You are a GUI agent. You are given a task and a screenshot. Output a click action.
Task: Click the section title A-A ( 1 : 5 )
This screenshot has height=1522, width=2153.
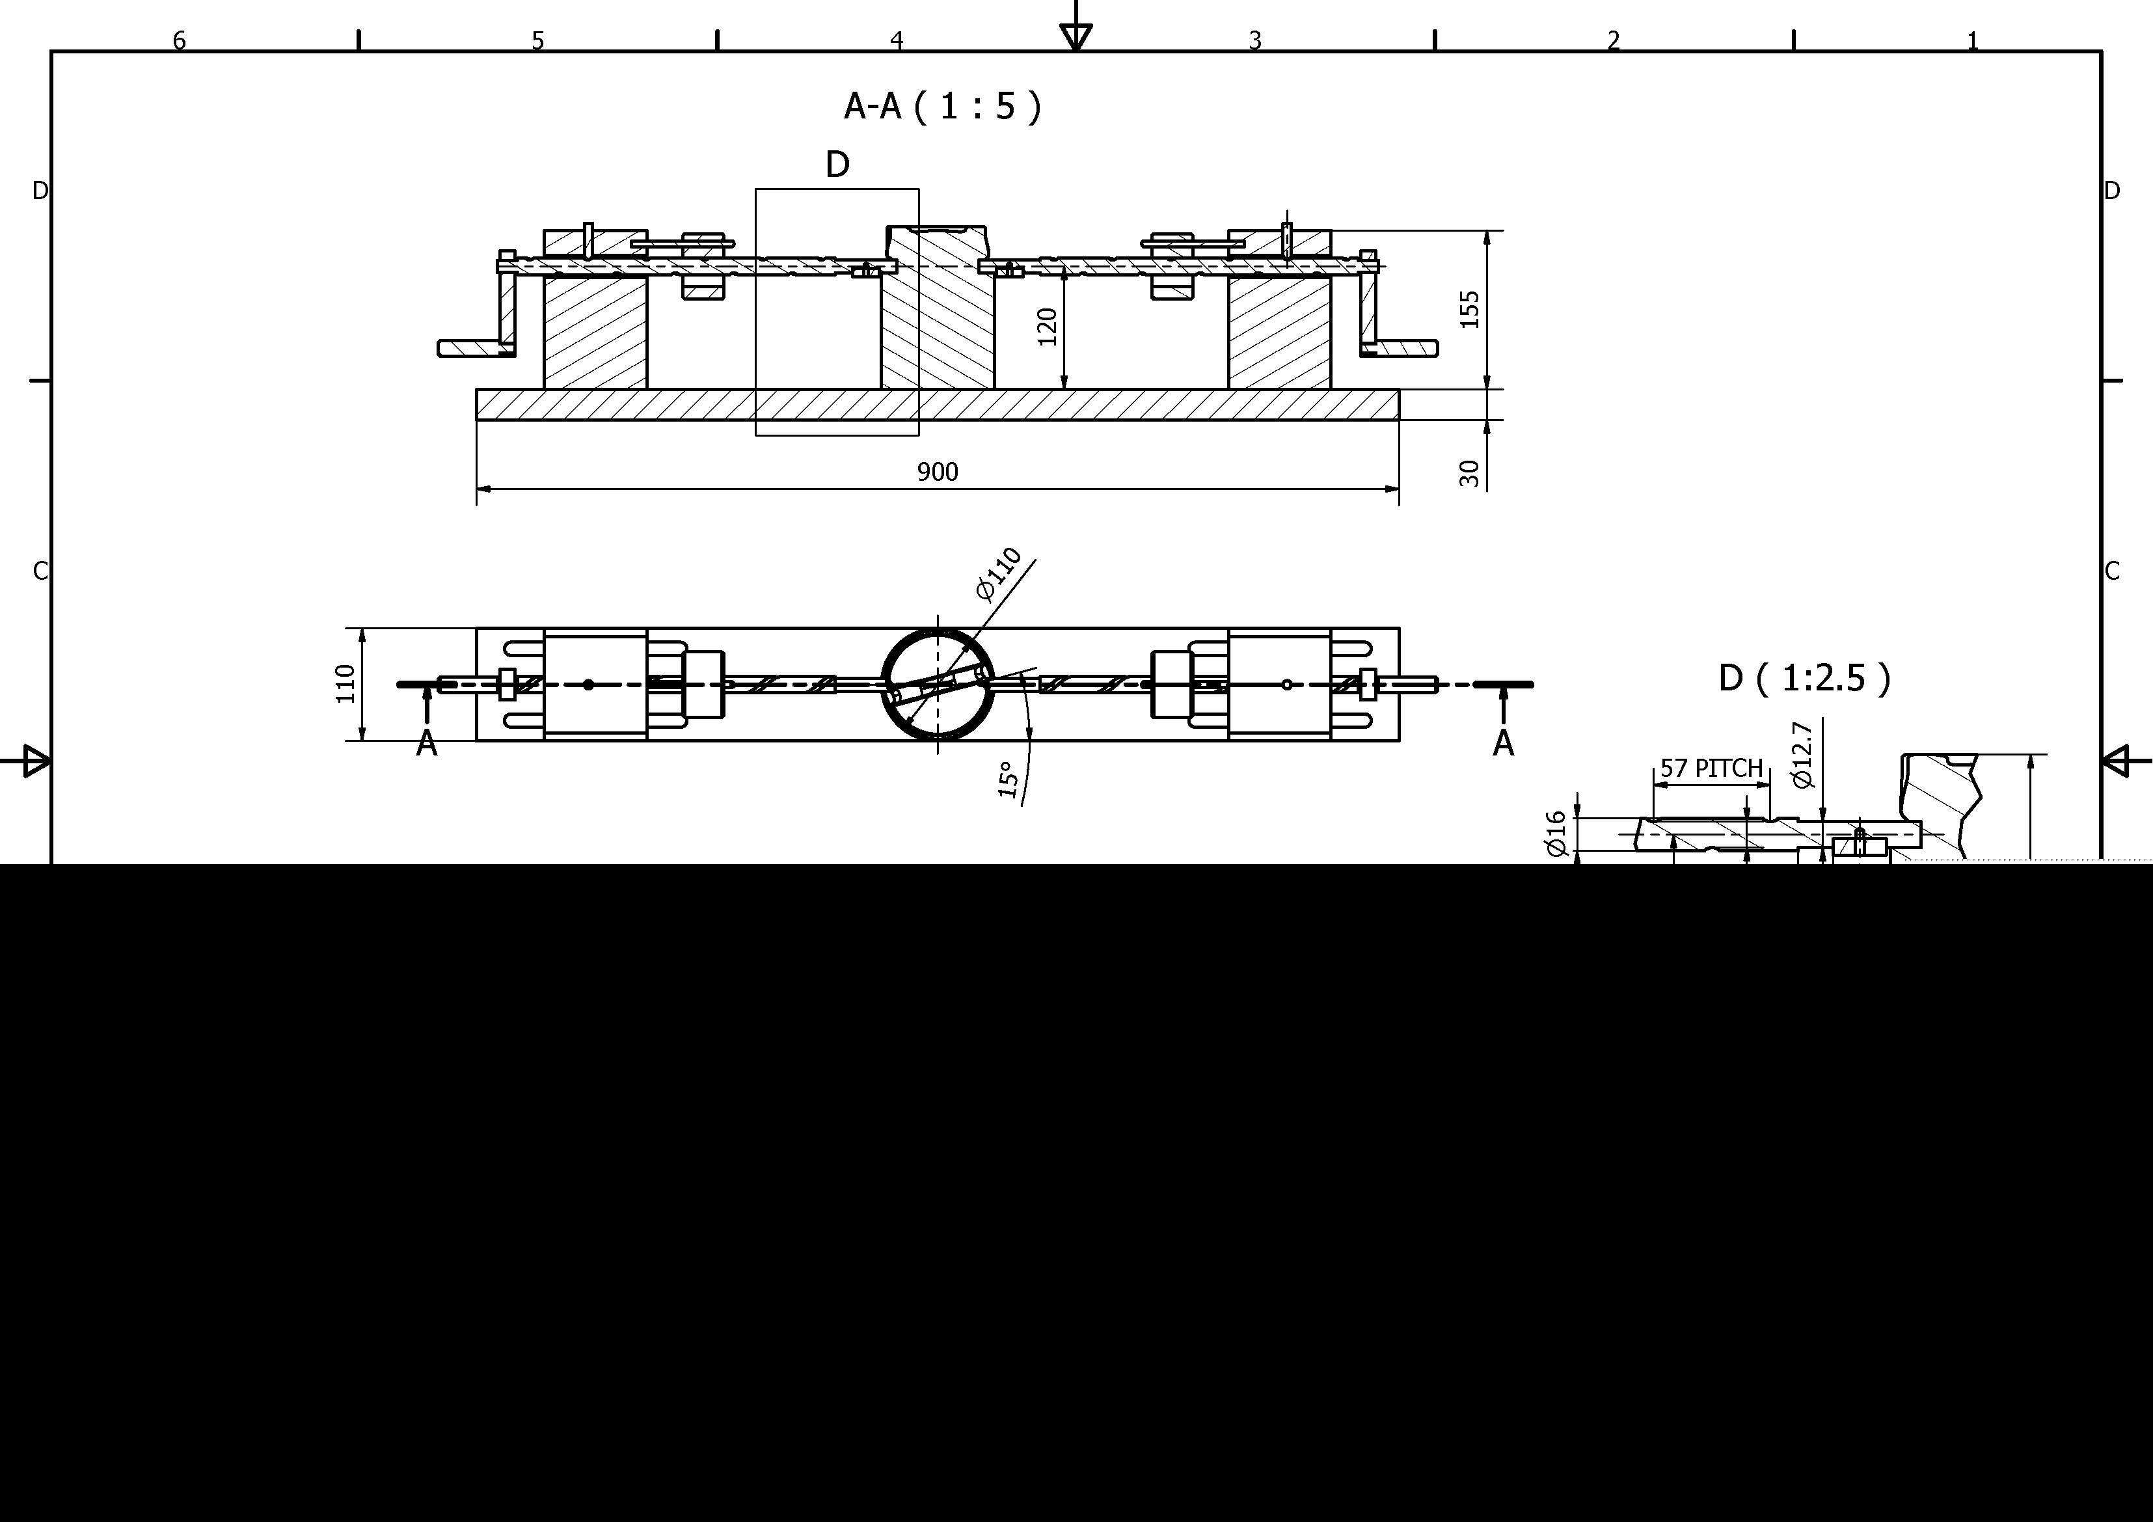point(942,107)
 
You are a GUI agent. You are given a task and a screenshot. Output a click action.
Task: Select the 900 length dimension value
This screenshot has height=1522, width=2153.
point(938,472)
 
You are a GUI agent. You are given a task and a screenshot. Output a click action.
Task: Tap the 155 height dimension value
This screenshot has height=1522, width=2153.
point(1469,310)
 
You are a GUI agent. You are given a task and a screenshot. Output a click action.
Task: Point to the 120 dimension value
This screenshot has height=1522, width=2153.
point(1048,327)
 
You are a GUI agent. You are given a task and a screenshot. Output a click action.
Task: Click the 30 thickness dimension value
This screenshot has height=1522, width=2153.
point(1469,472)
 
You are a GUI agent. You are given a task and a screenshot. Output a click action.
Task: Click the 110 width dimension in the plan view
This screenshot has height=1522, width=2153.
point(346,684)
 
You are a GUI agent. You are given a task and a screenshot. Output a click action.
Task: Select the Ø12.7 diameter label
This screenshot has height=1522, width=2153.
point(1802,755)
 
